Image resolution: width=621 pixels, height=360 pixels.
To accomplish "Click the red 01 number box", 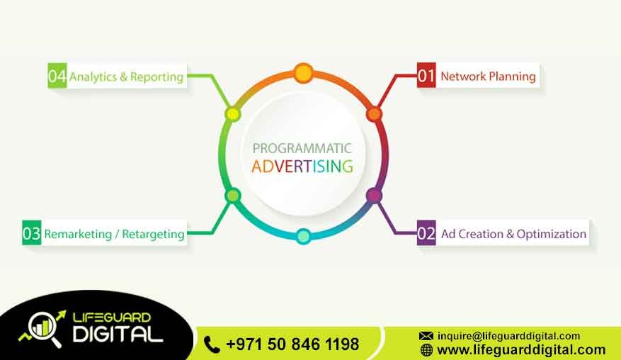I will click(426, 76).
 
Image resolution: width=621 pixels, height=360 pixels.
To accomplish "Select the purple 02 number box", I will click(426, 234).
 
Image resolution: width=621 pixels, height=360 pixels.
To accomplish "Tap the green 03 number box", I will click(32, 233).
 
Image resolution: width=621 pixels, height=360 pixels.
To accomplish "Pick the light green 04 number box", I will click(57, 77).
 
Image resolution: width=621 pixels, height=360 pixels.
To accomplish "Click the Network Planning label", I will click(488, 76).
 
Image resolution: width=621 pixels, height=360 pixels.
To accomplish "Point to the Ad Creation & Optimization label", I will click(513, 234).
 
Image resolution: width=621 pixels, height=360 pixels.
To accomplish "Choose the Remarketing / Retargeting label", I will click(114, 233).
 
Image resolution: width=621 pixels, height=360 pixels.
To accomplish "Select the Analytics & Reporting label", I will click(126, 77).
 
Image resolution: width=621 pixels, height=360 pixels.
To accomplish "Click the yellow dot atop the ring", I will click(303, 72).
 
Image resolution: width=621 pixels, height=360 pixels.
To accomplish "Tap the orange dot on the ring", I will click(374, 113).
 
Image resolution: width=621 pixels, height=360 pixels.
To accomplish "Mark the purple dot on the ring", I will click(374, 195).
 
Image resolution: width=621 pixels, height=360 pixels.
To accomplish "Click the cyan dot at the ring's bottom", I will click(303, 237).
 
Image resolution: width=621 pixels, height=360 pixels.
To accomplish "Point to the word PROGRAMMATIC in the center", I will click(302, 149).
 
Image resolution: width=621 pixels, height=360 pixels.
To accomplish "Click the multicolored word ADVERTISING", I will click(302, 167).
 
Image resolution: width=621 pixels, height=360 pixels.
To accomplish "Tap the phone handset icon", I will click(212, 344).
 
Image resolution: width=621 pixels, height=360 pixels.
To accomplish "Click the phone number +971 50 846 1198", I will click(292, 344).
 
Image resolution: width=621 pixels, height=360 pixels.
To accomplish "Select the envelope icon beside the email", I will click(426, 336).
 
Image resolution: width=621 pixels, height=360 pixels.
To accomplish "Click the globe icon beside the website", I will click(426, 350).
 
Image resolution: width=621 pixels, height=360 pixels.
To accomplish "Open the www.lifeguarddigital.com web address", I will click(521, 350).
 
